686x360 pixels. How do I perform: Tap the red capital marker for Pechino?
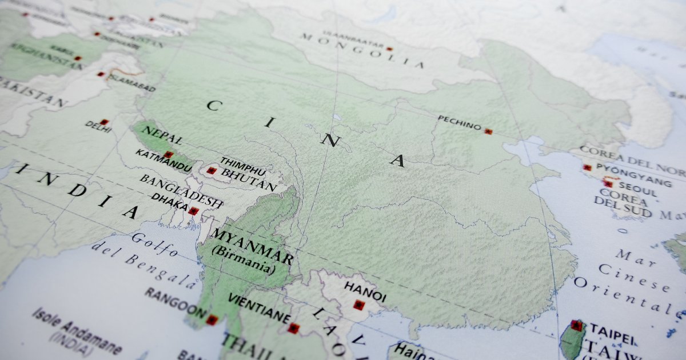coord(488,131)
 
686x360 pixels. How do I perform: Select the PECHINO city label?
coord(460,122)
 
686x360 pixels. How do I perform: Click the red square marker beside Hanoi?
coord(358,305)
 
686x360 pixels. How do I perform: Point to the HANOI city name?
coord(365,290)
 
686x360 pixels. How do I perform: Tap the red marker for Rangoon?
coord(212,320)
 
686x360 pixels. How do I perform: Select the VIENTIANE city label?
coord(258,309)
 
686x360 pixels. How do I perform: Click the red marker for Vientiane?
coord(293,328)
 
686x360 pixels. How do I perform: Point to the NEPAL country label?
coord(162,135)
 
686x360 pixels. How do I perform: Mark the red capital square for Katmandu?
coord(168,154)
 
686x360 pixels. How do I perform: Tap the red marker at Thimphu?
coord(212,170)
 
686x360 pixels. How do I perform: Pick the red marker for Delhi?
coord(103,122)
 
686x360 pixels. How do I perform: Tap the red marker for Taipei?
coord(576,326)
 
